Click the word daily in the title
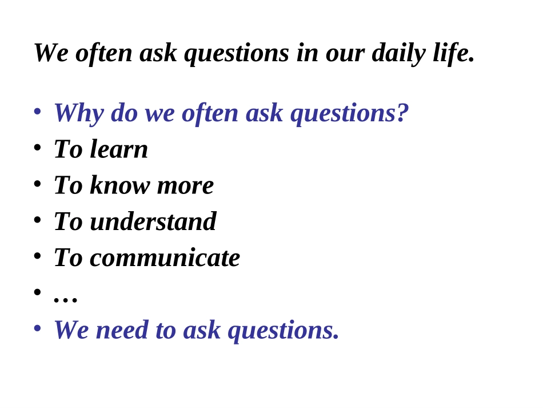click(398, 53)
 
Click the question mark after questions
click(402, 113)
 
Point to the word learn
click(119, 149)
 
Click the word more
click(185, 185)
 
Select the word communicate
click(165, 258)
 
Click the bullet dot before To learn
click(37, 147)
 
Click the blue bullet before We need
click(37, 328)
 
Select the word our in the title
click(345, 53)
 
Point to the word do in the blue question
click(123, 113)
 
